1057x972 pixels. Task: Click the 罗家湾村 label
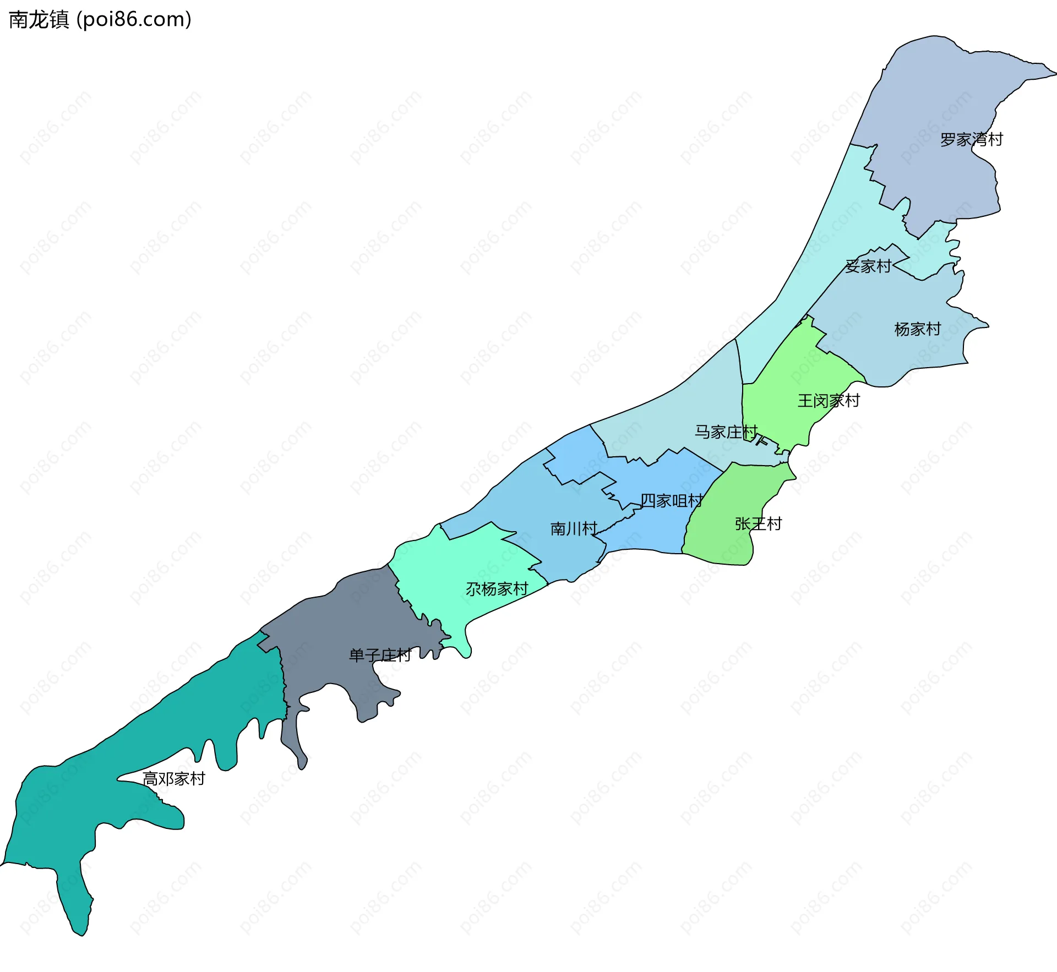(971, 140)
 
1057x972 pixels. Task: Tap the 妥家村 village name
(868, 266)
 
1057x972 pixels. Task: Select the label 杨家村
(917, 329)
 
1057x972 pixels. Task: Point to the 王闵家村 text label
(829, 401)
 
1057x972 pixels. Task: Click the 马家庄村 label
(726, 432)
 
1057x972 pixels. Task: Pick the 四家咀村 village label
(671, 501)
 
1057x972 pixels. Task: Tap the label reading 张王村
(758, 524)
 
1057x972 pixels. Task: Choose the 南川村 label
(574, 529)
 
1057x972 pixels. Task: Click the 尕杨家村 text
(497, 589)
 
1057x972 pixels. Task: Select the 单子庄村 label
(380, 656)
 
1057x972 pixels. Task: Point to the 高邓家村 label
(173, 779)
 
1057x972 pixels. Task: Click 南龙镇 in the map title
(39, 20)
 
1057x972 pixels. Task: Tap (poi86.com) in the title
(134, 20)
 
